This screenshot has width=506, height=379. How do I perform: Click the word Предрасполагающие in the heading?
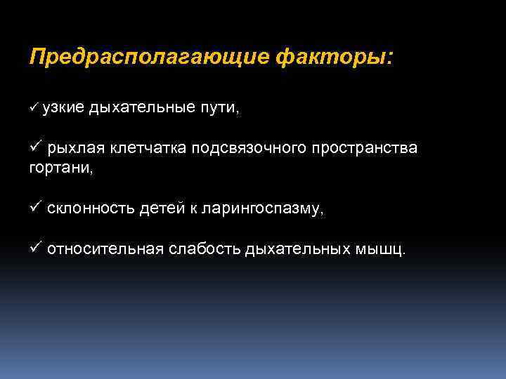tap(148, 57)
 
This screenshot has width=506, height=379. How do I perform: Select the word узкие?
tap(62, 107)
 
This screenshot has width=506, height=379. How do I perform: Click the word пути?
tap(221, 107)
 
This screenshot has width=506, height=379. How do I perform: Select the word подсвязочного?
tap(246, 149)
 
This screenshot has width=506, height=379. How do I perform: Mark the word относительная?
tap(105, 251)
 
